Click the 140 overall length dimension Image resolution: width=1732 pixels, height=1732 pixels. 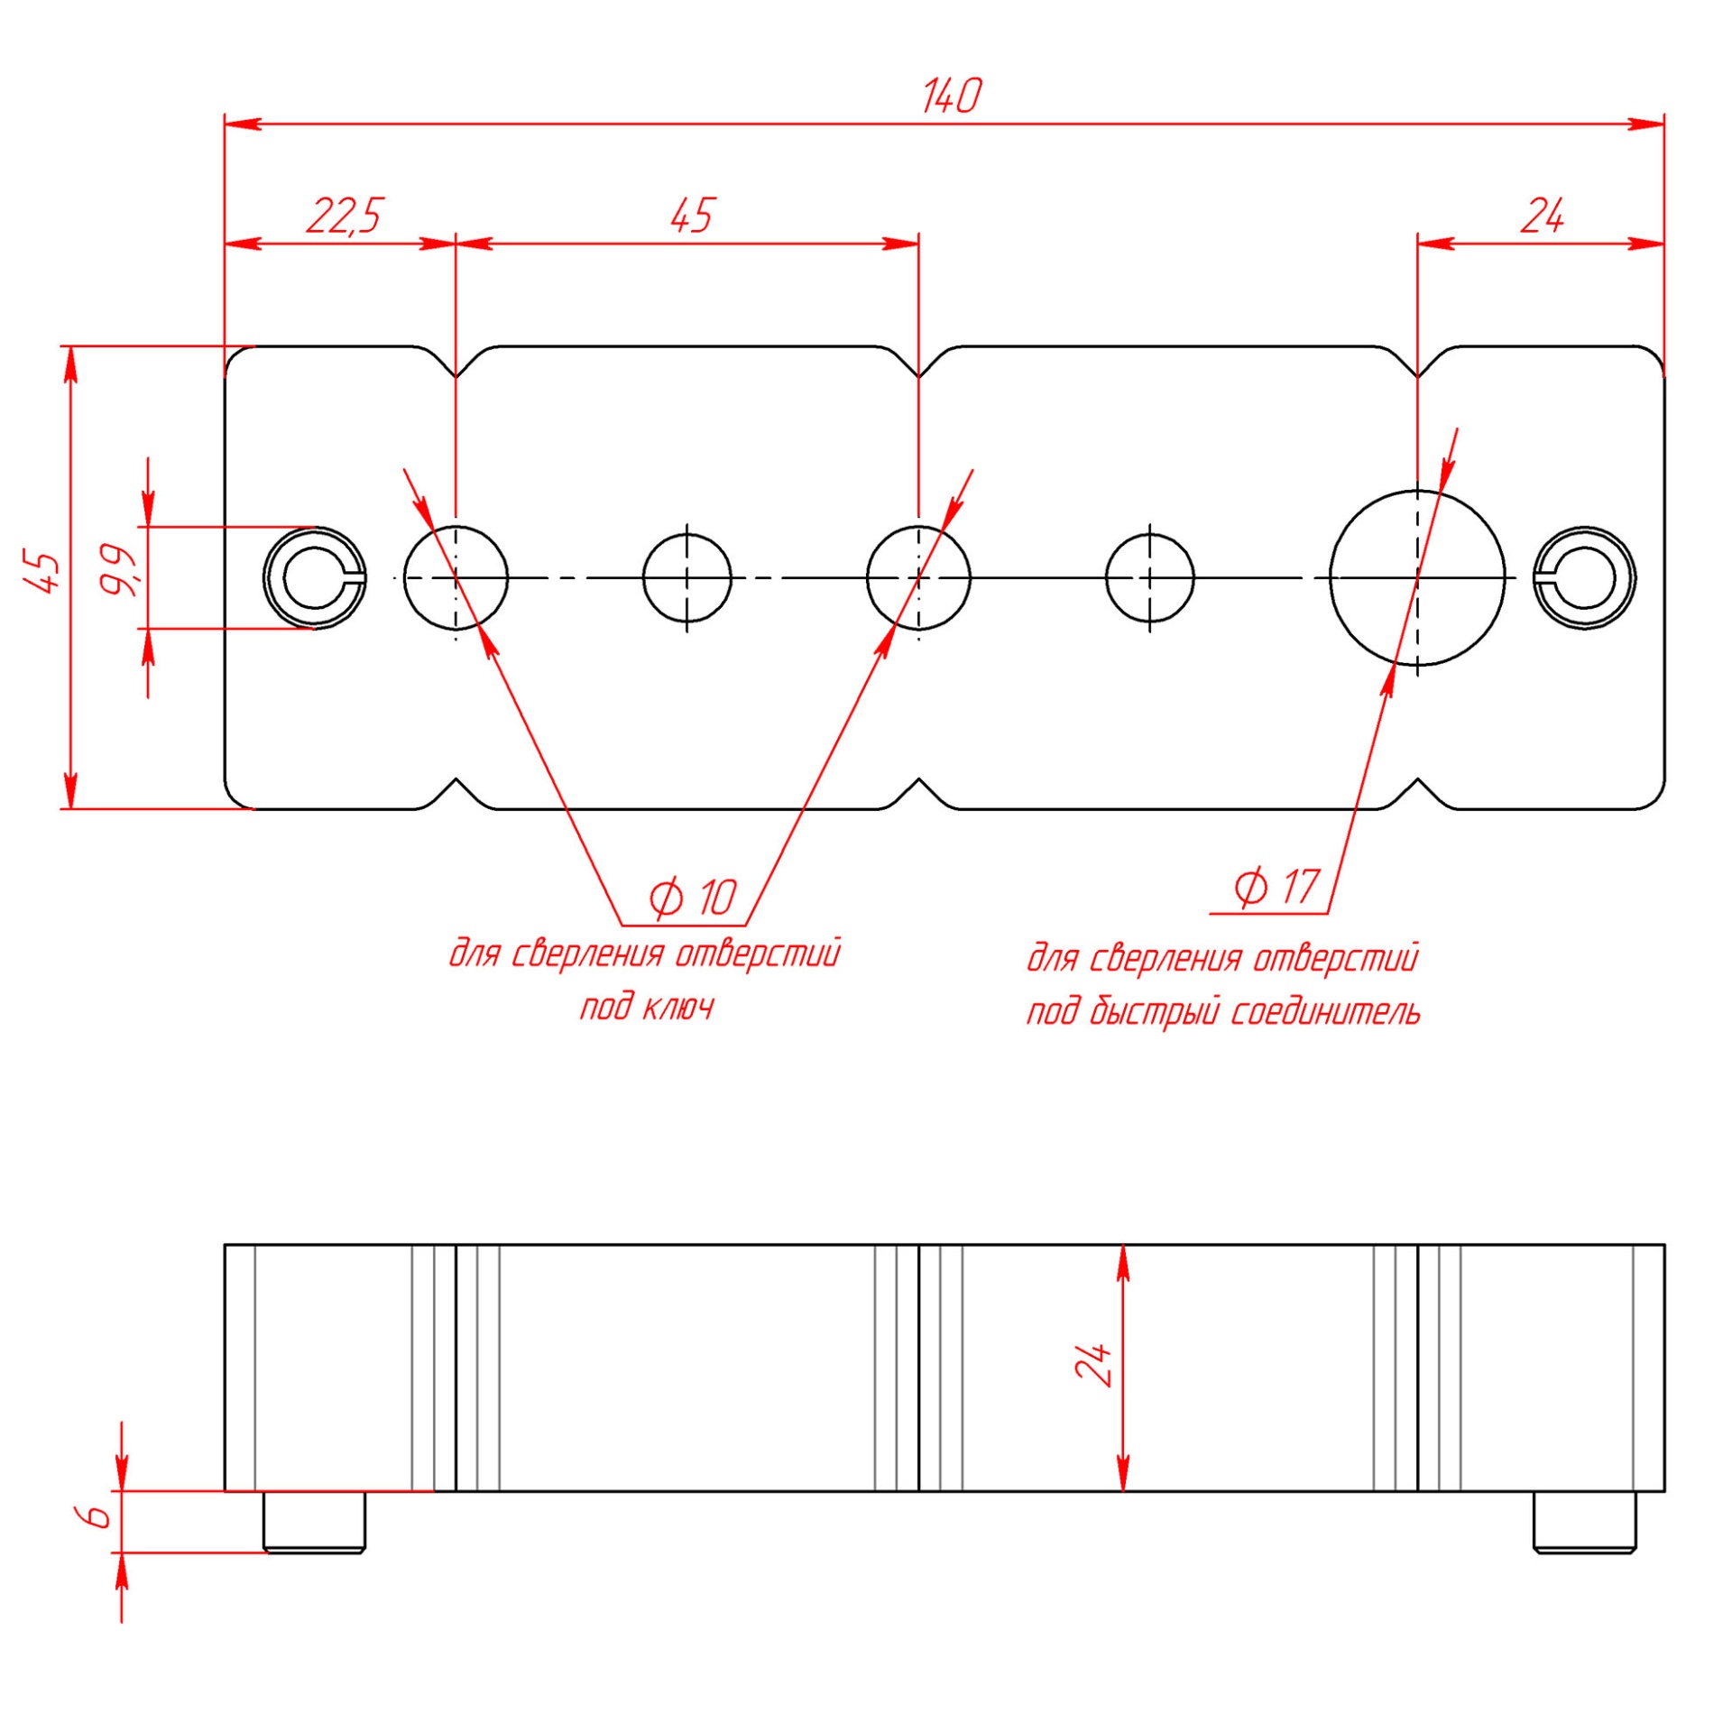point(951,97)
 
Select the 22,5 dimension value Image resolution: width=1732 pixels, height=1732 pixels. point(345,216)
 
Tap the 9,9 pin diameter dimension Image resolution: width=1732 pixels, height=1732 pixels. point(118,570)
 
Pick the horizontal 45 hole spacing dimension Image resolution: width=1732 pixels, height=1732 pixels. point(692,216)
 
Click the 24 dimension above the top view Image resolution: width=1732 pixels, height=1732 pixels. point(1542,216)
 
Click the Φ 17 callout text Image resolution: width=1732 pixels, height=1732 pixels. point(1276,887)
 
